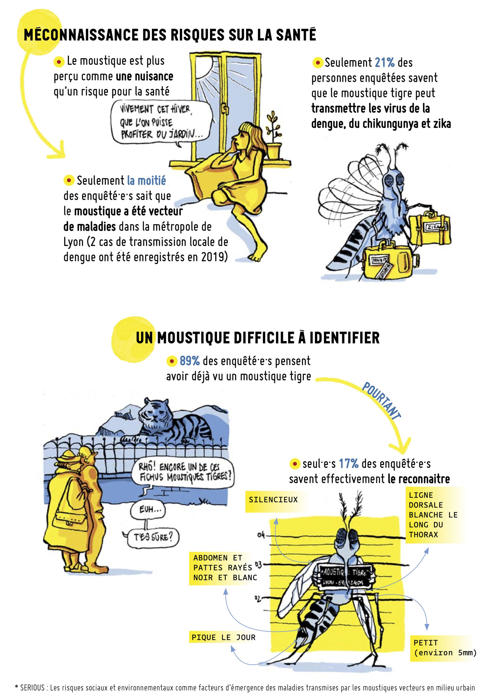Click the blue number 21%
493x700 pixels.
(x=384, y=63)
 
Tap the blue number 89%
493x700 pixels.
(x=190, y=361)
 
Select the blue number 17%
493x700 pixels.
(x=348, y=463)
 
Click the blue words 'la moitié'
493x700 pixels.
(x=146, y=181)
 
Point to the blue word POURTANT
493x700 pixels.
(x=381, y=400)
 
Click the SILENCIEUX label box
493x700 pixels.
(x=273, y=500)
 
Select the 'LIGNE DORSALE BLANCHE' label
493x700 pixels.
(x=433, y=515)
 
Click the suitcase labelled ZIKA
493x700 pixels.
(x=430, y=229)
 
